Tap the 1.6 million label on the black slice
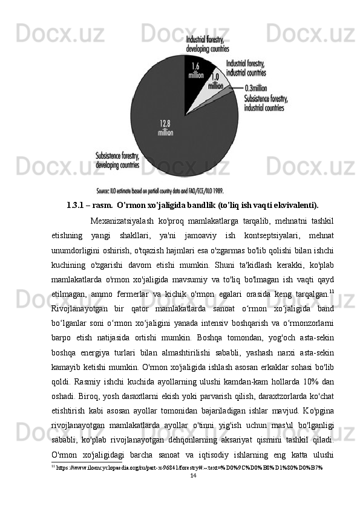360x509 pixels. (x=195, y=71)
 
